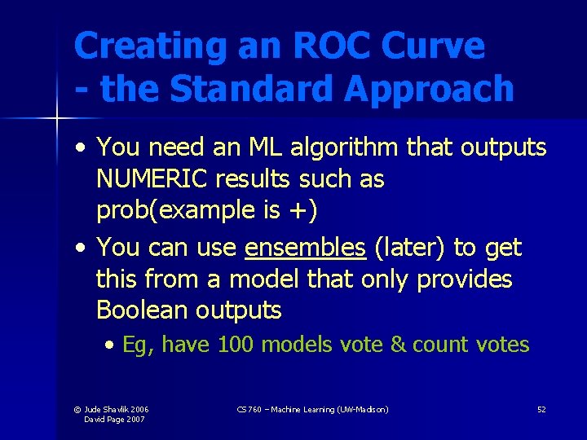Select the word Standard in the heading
pos(253,89)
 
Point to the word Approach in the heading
pos(429,89)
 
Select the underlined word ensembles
pos(305,247)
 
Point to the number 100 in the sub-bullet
pos(236,345)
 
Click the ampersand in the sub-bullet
pos(398,345)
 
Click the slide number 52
pos(541,409)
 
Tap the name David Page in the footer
pos(104,419)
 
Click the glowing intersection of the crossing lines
pos(56,120)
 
